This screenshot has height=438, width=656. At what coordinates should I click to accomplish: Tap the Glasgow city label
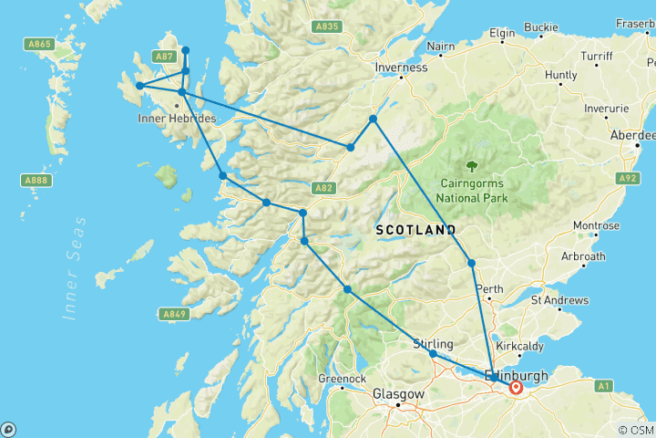[x=399, y=394]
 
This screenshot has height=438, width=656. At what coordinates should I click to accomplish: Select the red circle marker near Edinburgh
[x=517, y=387]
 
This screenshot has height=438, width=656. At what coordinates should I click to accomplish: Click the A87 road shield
[x=164, y=57]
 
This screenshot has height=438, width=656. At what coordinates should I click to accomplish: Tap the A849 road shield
[x=176, y=315]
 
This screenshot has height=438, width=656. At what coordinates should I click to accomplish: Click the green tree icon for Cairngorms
[x=472, y=166]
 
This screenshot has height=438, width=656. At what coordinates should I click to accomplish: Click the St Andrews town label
[x=559, y=300]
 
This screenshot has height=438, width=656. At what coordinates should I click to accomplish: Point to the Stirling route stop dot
[x=433, y=354]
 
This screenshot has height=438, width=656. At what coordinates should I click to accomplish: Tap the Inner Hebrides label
[x=177, y=119]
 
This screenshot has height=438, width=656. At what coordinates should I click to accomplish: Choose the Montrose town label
[x=595, y=225]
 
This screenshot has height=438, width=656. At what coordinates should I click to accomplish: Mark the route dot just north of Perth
[x=471, y=263]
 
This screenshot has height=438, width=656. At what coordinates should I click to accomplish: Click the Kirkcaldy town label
[x=518, y=348]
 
